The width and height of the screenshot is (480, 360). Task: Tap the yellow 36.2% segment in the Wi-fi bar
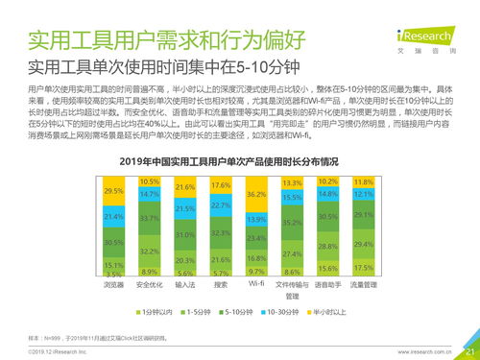(256, 194)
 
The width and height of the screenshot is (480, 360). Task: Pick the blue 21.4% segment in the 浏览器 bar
(113, 218)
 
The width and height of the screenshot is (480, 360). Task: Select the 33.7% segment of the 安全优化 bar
(149, 218)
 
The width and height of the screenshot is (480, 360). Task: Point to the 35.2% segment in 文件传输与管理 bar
(293, 222)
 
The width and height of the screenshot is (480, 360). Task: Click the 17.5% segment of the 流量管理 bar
(364, 268)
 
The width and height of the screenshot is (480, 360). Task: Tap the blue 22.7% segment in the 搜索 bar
(221, 205)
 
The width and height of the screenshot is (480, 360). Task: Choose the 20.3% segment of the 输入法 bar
(185, 260)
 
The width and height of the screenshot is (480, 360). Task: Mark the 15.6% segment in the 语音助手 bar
(328, 269)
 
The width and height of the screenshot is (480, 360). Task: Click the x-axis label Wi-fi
(256, 285)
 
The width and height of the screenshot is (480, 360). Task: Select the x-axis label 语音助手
(328, 285)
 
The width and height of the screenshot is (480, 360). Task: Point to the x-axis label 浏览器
(113, 285)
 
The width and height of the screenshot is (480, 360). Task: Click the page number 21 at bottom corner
(468, 351)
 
